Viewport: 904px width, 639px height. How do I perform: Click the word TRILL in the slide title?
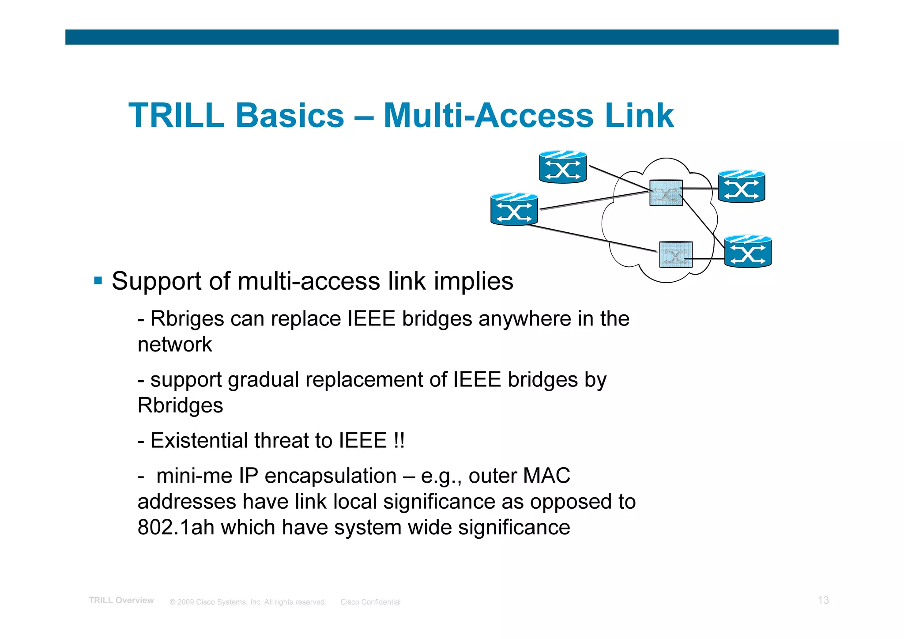click(x=176, y=116)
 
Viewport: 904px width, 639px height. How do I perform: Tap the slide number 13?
click(x=823, y=600)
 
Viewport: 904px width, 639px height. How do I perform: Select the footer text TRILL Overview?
click(x=121, y=601)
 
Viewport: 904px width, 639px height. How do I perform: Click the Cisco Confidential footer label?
click(x=370, y=602)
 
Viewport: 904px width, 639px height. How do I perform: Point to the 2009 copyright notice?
click(x=248, y=602)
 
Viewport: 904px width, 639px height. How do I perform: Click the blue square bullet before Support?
click(x=98, y=280)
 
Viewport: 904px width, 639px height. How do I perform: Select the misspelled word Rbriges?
click(x=187, y=319)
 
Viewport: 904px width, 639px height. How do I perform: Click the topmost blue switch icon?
click(x=563, y=167)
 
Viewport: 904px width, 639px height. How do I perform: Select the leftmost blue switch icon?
click(x=514, y=210)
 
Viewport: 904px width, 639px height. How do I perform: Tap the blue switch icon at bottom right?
click(x=748, y=252)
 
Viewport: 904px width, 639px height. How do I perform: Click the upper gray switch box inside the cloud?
click(x=666, y=193)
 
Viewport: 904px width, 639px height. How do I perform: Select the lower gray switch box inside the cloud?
click(x=675, y=255)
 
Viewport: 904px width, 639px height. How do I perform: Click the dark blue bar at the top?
click(x=452, y=37)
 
